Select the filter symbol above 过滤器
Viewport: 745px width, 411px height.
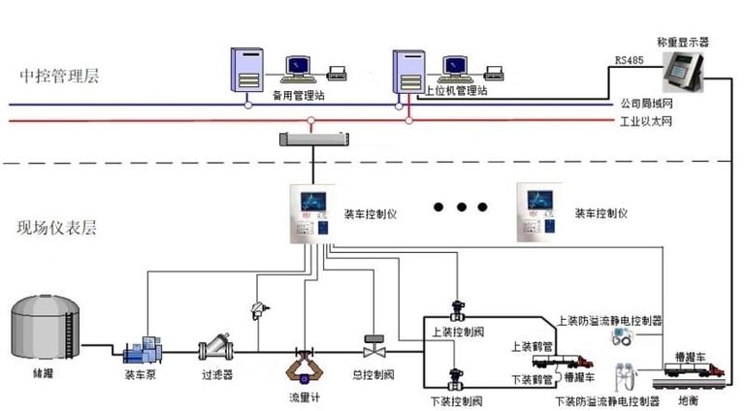pyautogui.click(x=214, y=348)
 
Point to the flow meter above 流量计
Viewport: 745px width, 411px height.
pyautogui.click(x=303, y=365)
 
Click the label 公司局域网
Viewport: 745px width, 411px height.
pyautogui.click(x=645, y=102)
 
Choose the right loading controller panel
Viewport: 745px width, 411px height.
pyautogui.click(x=538, y=210)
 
